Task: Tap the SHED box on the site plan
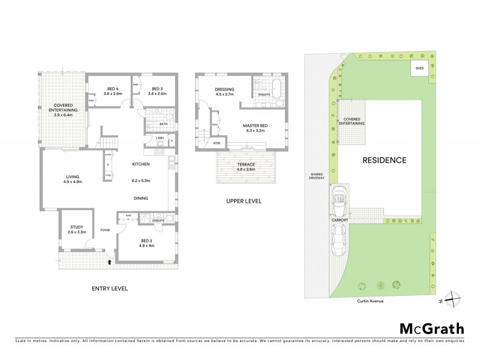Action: coord(418,69)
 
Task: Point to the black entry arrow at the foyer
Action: coord(109,261)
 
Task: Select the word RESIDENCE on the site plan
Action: coord(384,160)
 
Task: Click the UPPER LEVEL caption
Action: coord(243,201)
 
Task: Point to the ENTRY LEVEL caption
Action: coord(109,289)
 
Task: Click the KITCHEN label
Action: coord(141,164)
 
